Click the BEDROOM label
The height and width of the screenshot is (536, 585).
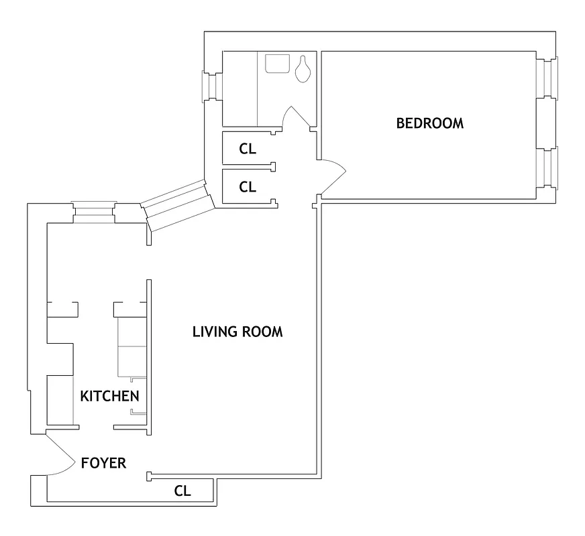point(429,123)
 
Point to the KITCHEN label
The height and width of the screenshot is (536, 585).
point(110,396)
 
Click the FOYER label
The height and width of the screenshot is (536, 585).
point(103,463)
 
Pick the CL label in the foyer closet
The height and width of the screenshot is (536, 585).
point(182,491)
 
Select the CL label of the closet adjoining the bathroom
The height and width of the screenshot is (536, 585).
point(248,149)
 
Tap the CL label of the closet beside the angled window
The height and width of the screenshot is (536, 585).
point(248,188)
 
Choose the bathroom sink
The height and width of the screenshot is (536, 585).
point(276,64)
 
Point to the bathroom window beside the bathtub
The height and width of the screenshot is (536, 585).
point(212,86)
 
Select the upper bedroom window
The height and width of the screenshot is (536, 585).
point(549,78)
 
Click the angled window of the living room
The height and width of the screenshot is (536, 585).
point(178,206)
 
